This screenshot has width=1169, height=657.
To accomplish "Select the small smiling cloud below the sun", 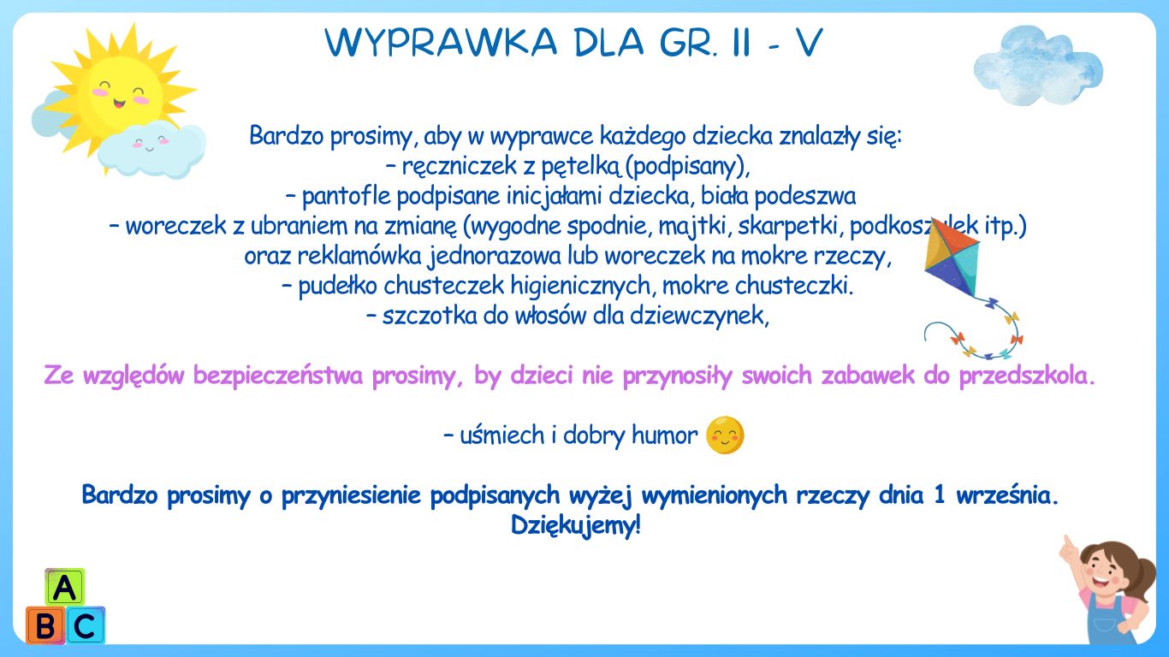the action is [151, 150].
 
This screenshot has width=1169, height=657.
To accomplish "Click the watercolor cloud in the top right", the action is [1039, 65].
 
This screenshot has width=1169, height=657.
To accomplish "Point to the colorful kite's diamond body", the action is [952, 258].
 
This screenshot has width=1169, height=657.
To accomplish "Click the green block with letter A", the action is [65, 588].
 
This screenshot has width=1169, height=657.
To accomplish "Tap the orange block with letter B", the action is [45, 625].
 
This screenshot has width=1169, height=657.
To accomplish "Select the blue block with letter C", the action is [85, 625].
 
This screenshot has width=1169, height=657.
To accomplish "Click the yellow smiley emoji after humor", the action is [725, 435].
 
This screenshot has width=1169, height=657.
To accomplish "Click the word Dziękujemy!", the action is [576, 525].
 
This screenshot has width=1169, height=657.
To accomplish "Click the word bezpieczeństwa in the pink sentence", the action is [278, 376].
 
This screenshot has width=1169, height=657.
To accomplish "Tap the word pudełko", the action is [338, 286].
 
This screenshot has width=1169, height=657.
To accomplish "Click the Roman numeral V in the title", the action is [810, 42].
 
